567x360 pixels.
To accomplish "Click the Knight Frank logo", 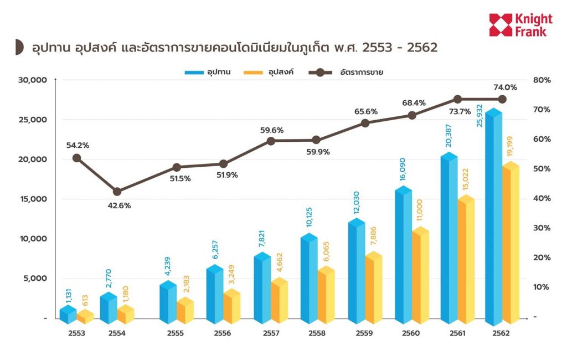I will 518,25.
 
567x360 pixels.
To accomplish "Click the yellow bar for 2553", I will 85,317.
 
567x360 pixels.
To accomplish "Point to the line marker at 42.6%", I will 117,192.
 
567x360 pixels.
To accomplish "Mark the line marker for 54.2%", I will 77,158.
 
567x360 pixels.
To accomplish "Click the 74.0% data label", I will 505,87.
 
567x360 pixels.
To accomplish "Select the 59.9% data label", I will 318,152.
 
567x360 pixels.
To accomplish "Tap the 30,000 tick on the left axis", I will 34,80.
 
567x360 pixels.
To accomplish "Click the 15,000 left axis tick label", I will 34,199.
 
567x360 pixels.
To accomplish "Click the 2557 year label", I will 270,333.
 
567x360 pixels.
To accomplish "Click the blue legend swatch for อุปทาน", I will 194,72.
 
